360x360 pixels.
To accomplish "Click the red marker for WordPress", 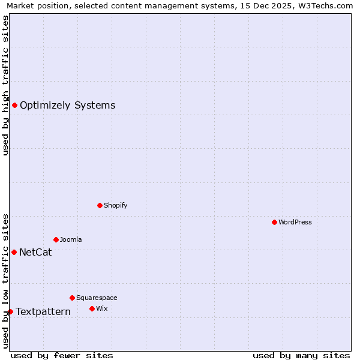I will (x=274, y=222).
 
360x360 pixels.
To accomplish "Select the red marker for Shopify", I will (x=100, y=205).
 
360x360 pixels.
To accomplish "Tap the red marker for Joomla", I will (x=56, y=239).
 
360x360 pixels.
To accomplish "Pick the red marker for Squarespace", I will (x=72, y=298).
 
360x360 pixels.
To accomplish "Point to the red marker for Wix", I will (x=92, y=308).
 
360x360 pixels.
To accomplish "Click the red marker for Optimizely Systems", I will (x=14, y=106).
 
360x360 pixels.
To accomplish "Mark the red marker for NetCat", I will (x=14, y=252).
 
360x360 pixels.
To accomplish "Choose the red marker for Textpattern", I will (x=10, y=311).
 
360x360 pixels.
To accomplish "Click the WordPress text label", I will (x=295, y=222).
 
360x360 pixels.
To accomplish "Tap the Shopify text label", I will (x=116, y=205).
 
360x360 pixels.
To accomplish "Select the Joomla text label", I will (x=71, y=239).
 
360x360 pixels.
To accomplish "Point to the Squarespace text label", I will (x=97, y=298).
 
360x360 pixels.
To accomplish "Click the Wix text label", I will (x=101, y=308).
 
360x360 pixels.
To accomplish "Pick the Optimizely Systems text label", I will (x=67, y=106).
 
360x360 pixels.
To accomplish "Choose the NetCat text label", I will (x=35, y=252).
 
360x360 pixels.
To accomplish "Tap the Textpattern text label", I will (x=43, y=311).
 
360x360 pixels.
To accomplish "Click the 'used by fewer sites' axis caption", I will (x=62, y=355).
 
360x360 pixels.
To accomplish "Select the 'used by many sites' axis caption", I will (x=301, y=355).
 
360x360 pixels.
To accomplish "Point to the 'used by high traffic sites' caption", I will (x=5, y=85).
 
